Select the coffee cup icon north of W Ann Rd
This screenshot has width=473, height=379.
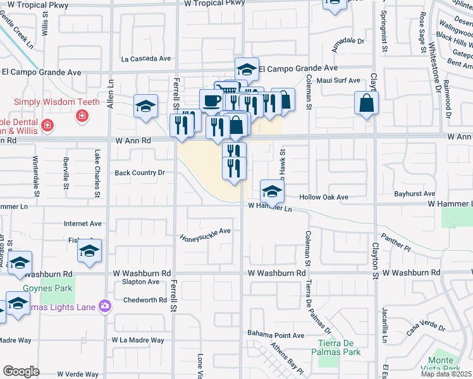click(211, 100)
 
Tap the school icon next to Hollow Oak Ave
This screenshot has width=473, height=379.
click(271, 191)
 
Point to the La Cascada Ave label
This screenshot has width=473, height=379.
click(147, 59)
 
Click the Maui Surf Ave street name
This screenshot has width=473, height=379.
click(338, 81)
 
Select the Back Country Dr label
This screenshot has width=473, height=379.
click(139, 172)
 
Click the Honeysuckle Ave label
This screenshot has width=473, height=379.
click(206, 234)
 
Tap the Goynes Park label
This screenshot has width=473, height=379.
click(47, 289)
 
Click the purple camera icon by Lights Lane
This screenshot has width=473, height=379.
click(104, 306)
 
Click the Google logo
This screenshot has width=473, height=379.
click(21, 371)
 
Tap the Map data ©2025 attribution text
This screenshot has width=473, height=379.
click(446, 374)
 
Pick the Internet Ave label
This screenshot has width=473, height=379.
click(83, 224)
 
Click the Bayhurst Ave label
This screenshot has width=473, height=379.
click(415, 194)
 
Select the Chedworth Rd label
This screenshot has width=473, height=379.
click(144, 300)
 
